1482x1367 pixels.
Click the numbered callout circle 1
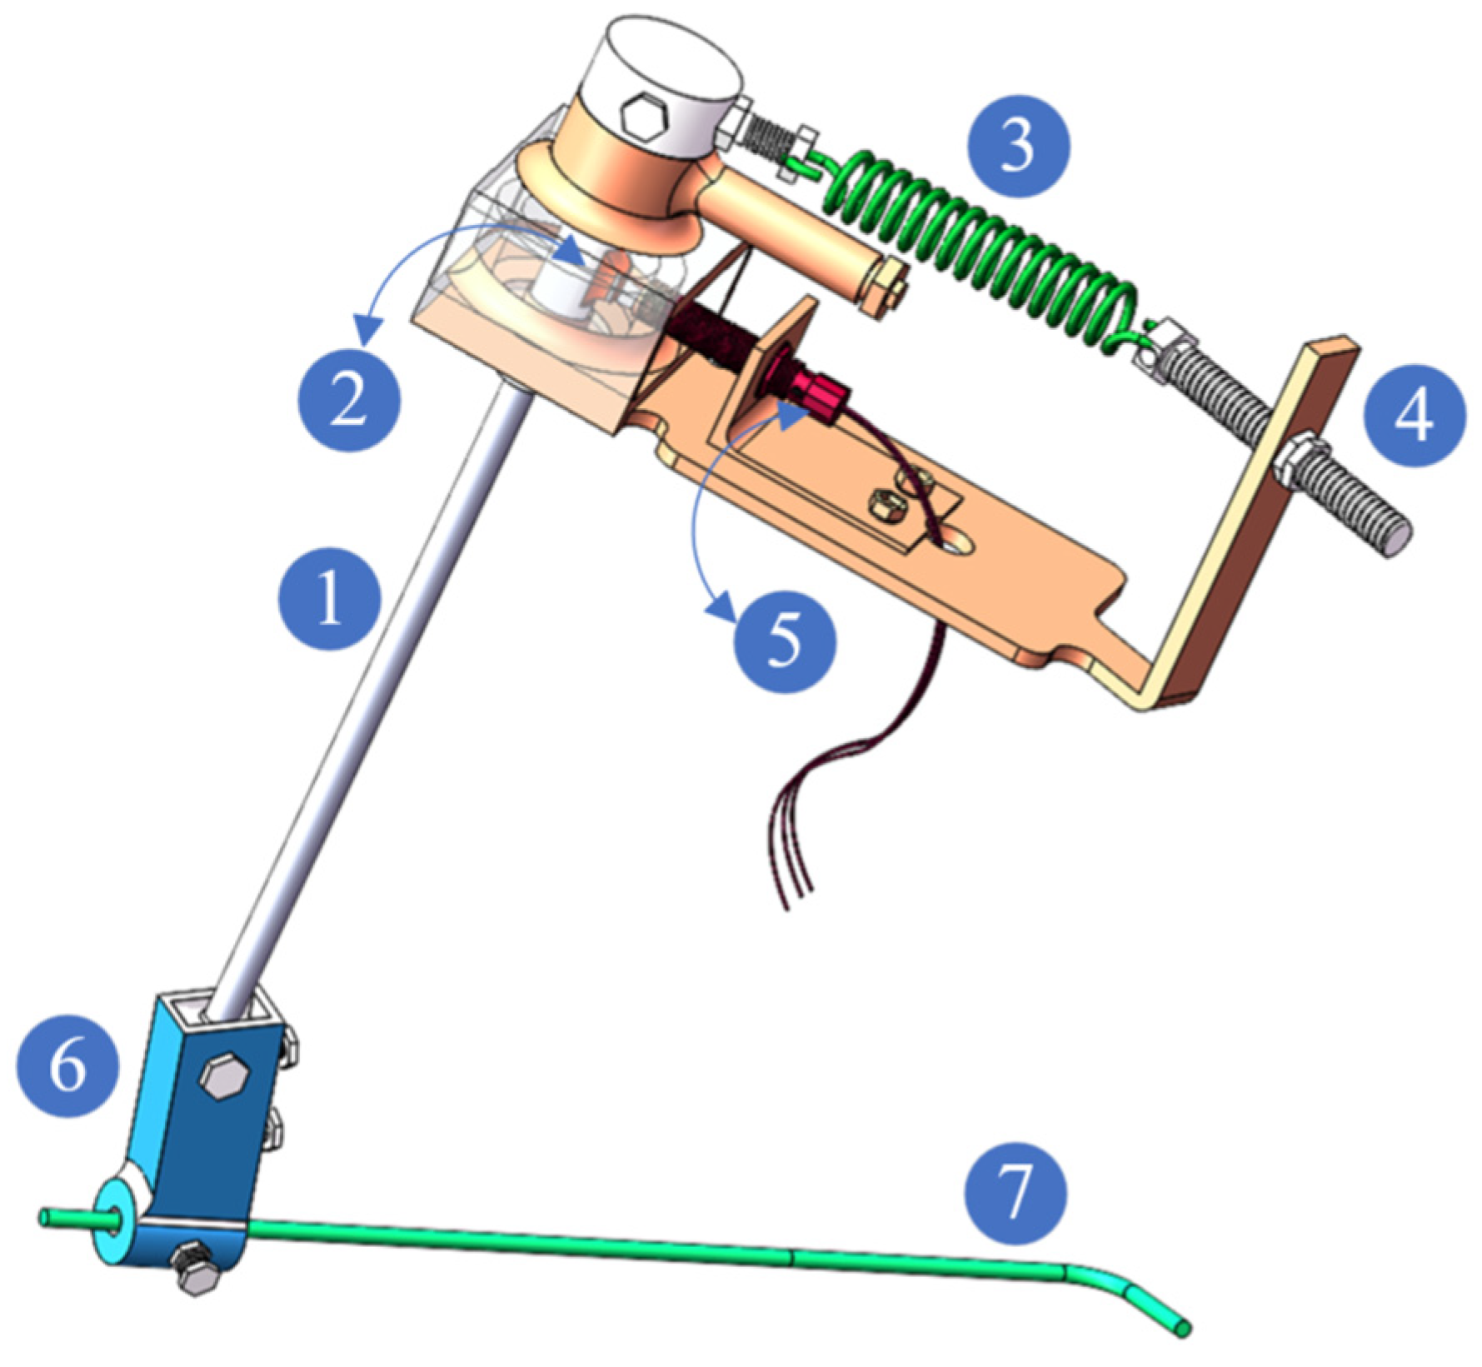(331, 599)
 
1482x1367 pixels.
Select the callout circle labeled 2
(349, 401)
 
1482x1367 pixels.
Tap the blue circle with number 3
(1018, 147)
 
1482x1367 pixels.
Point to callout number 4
(1414, 414)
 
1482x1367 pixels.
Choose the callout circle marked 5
(784, 641)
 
